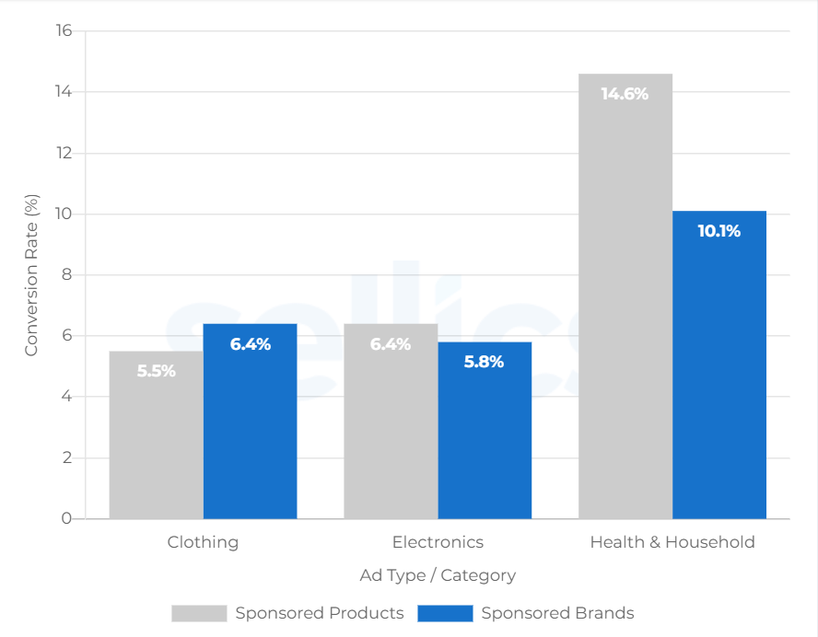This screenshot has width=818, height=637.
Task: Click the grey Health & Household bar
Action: [x=625, y=295]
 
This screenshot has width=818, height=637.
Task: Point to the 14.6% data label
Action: [x=625, y=94]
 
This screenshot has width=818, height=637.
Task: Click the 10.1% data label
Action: [x=719, y=231]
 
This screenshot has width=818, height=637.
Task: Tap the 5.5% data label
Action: [x=157, y=372]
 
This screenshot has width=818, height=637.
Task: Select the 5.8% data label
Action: [x=485, y=363]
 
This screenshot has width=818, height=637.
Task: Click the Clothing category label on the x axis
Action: [x=203, y=542]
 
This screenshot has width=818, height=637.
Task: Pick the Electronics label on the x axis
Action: [x=438, y=542]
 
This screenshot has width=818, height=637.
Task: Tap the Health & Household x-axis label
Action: [x=672, y=542]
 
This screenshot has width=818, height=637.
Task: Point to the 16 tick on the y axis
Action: [x=64, y=31]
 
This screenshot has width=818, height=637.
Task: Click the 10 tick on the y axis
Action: [x=64, y=214]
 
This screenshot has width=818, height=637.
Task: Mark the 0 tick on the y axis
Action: [x=67, y=519]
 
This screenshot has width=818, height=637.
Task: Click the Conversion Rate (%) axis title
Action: [x=32, y=275]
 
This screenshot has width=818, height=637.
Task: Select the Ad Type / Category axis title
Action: [x=438, y=575]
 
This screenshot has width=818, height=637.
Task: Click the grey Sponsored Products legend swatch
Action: [x=199, y=613]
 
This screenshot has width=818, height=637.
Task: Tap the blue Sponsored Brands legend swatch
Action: [x=445, y=613]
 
